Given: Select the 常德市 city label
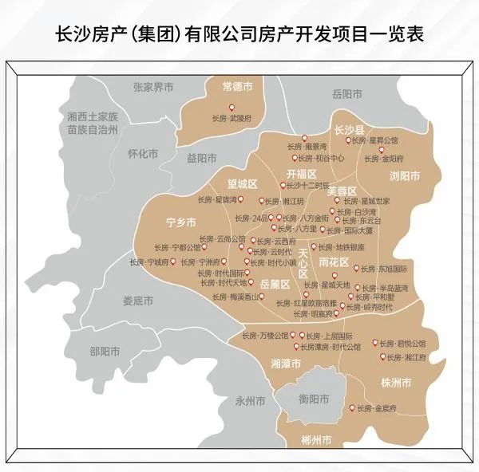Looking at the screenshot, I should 238,85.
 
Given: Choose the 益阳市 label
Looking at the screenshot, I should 202,158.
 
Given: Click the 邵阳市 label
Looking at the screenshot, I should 105,351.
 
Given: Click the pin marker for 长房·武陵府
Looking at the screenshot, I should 232,107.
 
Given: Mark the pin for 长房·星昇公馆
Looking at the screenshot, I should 348,140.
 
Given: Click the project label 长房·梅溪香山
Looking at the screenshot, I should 241,297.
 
